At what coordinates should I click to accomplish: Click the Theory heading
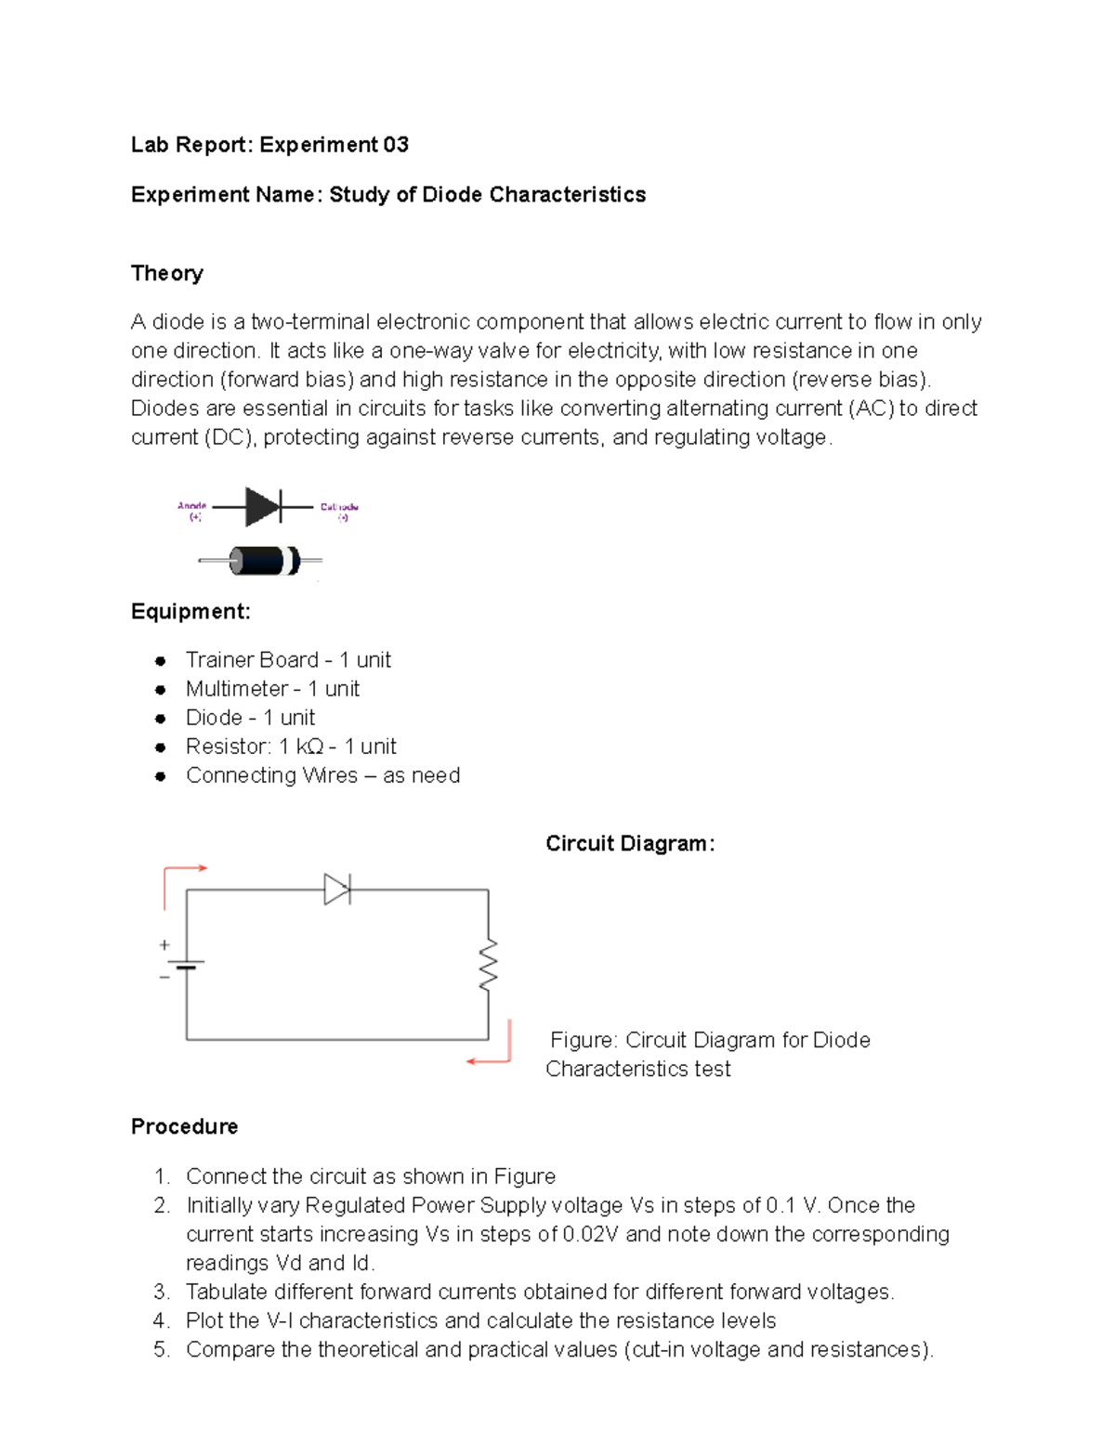pyautogui.click(x=166, y=273)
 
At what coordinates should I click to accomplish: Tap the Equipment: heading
pyautogui.click(x=190, y=611)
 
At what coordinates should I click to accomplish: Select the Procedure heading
pyautogui.click(x=184, y=1126)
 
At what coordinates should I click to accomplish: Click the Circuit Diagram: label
pyautogui.click(x=630, y=843)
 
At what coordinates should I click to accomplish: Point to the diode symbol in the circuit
pyautogui.click(x=336, y=890)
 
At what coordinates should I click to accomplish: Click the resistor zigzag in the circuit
pyautogui.click(x=488, y=965)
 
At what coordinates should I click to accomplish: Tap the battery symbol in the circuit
pyautogui.click(x=187, y=964)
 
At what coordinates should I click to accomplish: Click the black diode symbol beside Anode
pyautogui.click(x=264, y=507)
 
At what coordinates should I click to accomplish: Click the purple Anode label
pyautogui.click(x=192, y=511)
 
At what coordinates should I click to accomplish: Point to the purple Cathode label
pyautogui.click(x=339, y=511)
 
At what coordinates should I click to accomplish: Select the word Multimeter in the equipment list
pyautogui.click(x=237, y=689)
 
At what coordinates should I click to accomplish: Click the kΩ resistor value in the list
pyautogui.click(x=309, y=747)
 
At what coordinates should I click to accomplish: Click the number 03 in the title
pyautogui.click(x=396, y=145)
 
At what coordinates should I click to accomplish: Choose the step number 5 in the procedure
pyautogui.click(x=162, y=1349)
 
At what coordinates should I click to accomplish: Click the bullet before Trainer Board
pyautogui.click(x=161, y=661)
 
